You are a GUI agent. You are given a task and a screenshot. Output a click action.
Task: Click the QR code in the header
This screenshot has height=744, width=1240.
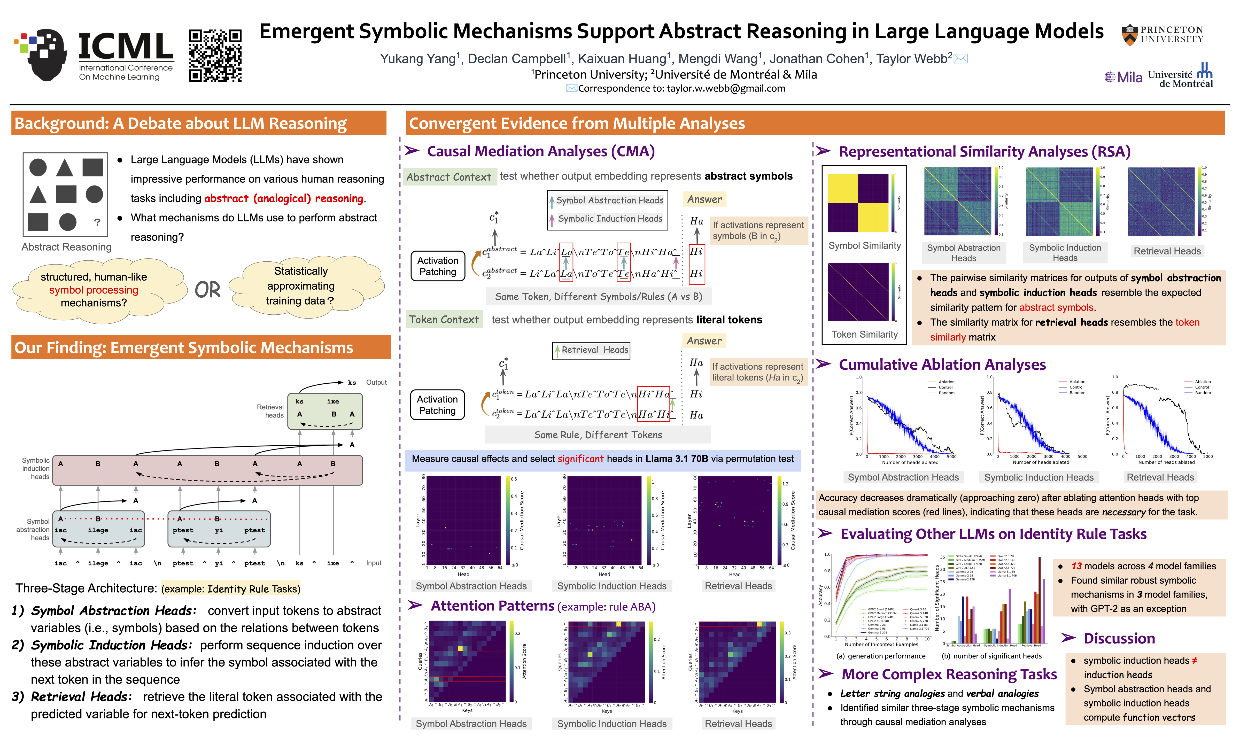215,55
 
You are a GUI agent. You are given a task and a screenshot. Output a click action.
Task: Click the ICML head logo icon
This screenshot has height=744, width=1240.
43,55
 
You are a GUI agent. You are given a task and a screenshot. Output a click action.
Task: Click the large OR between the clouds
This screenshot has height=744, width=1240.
207,290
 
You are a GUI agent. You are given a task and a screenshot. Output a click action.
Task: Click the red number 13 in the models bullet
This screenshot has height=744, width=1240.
1076,566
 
